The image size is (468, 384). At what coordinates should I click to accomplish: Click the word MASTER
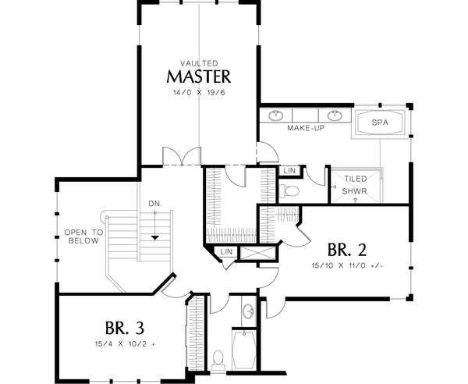click(x=198, y=76)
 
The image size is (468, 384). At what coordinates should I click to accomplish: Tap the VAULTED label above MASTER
click(x=198, y=62)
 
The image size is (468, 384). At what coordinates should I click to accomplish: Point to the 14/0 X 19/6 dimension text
click(x=198, y=92)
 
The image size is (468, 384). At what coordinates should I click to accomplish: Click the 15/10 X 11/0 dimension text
click(x=347, y=266)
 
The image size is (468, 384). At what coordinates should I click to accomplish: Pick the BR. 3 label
click(x=124, y=325)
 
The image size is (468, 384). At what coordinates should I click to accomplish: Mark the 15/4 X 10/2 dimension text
click(x=124, y=342)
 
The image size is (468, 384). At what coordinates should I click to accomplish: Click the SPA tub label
click(x=380, y=123)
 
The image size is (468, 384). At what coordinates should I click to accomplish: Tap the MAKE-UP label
click(x=305, y=127)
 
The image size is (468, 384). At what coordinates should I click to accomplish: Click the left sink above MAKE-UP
click(x=276, y=116)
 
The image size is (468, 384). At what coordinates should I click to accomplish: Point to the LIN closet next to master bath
click(x=289, y=169)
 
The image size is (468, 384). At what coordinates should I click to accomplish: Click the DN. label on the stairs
click(x=156, y=204)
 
